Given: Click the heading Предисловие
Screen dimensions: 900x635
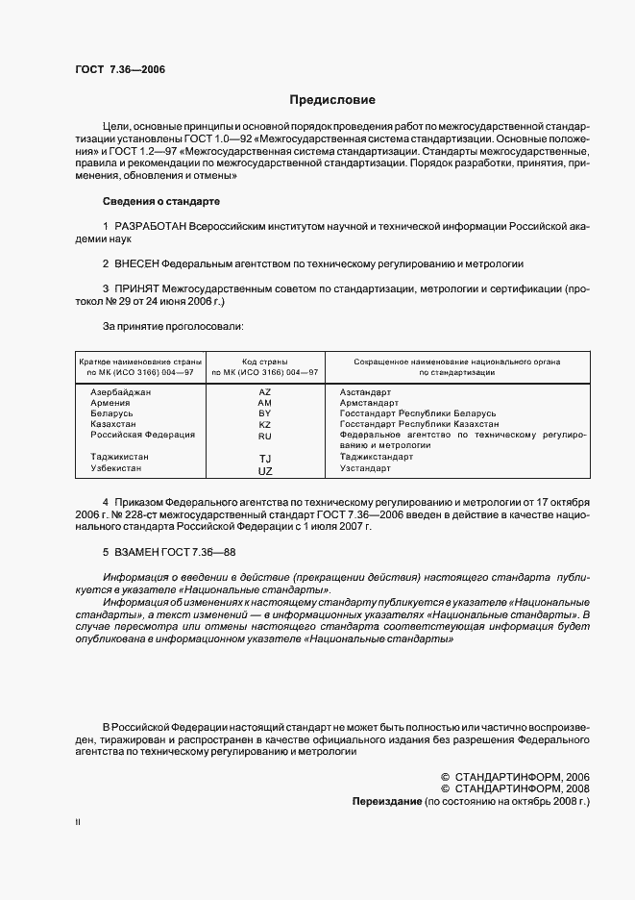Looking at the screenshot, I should click(x=332, y=100).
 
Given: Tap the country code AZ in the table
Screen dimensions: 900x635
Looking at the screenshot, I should click(x=265, y=392).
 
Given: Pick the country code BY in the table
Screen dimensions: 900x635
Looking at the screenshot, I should click(x=265, y=413).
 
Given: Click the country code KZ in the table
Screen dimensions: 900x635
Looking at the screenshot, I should click(x=265, y=424).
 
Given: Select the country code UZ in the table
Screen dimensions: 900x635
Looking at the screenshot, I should click(x=265, y=471).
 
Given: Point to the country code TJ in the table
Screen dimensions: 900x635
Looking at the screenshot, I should click(x=266, y=459).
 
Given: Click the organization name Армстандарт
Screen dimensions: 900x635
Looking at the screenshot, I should click(x=369, y=403).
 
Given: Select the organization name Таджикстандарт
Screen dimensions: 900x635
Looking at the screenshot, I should click(x=377, y=457).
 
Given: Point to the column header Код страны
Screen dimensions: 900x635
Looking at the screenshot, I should click(x=265, y=362).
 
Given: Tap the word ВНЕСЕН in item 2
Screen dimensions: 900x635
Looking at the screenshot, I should click(x=135, y=263).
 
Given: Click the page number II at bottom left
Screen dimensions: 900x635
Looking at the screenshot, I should click(x=78, y=823).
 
